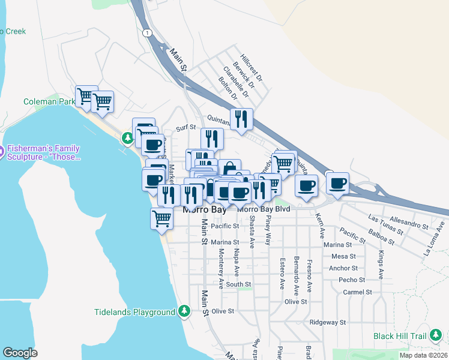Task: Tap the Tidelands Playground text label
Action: [134, 312]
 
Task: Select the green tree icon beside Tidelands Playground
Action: [185, 311]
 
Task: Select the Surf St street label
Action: [186, 128]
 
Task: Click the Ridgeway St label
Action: [328, 322]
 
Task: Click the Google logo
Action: [20, 353]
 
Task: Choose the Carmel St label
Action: [357, 292]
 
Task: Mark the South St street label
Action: [238, 284]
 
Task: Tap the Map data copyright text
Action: [423, 355]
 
